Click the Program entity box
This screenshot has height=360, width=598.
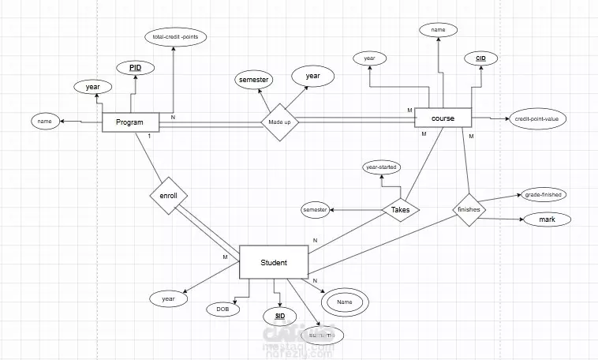(x=130, y=122)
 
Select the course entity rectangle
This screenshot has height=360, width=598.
(x=443, y=118)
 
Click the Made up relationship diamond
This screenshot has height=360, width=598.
(x=279, y=123)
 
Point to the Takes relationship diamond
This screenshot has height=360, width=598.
(x=400, y=209)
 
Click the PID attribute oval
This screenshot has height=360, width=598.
(x=136, y=69)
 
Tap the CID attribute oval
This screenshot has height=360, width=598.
(x=480, y=58)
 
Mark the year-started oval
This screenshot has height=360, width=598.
(x=381, y=167)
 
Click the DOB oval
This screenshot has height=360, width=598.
(x=223, y=309)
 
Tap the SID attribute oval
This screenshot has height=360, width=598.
(x=280, y=316)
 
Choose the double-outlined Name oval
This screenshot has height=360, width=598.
(x=344, y=302)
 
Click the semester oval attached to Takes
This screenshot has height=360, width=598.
(x=315, y=209)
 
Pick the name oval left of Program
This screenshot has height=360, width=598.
(x=44, y=122)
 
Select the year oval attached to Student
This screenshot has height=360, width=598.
(x=168, y=299)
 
